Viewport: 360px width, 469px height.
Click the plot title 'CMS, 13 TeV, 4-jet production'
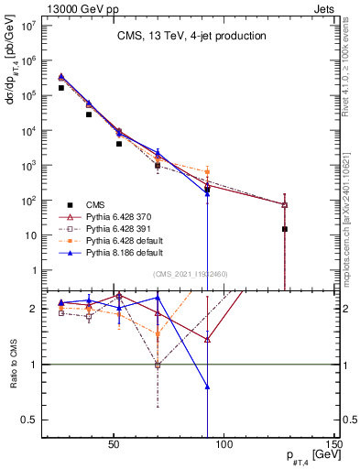191,37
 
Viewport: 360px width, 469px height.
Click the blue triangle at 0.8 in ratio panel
207,387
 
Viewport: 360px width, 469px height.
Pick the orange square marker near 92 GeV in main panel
207,171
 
